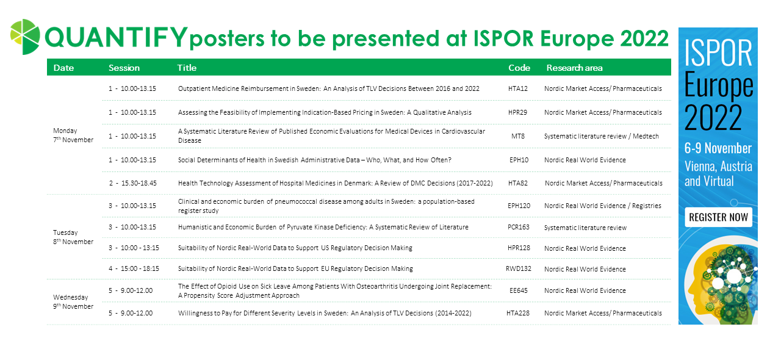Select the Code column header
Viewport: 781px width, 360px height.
pos(519,68)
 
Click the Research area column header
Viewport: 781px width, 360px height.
pos(574,68)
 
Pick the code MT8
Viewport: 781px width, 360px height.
pos(517,136)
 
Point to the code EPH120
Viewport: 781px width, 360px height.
pos(519,206)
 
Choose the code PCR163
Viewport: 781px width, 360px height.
pos(519,228)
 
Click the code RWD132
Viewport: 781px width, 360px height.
pos(519,269)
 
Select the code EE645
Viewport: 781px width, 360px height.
pos(518,291)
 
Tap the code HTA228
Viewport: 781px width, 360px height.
pos(519,313)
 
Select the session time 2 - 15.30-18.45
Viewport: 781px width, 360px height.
pos(132,183)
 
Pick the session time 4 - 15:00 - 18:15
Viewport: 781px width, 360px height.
pos(134,269)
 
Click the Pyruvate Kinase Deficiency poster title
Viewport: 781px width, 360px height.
pos(323,228)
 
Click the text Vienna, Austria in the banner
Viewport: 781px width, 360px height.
pos(718,167)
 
